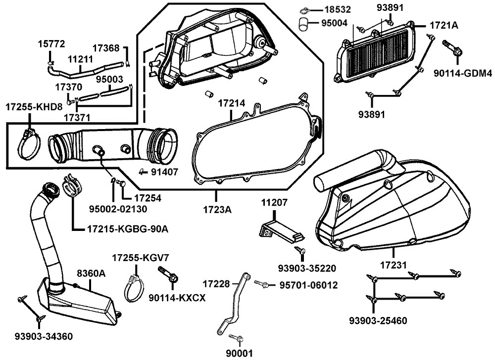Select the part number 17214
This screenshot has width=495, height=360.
(x=232, y=103)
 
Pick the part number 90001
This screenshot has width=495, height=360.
(x=239, y=353)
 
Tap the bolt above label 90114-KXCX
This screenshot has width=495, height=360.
(x=167, y=275)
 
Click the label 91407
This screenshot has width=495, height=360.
(x=166, y=172)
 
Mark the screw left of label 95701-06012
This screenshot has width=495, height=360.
(x=263, y=284)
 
